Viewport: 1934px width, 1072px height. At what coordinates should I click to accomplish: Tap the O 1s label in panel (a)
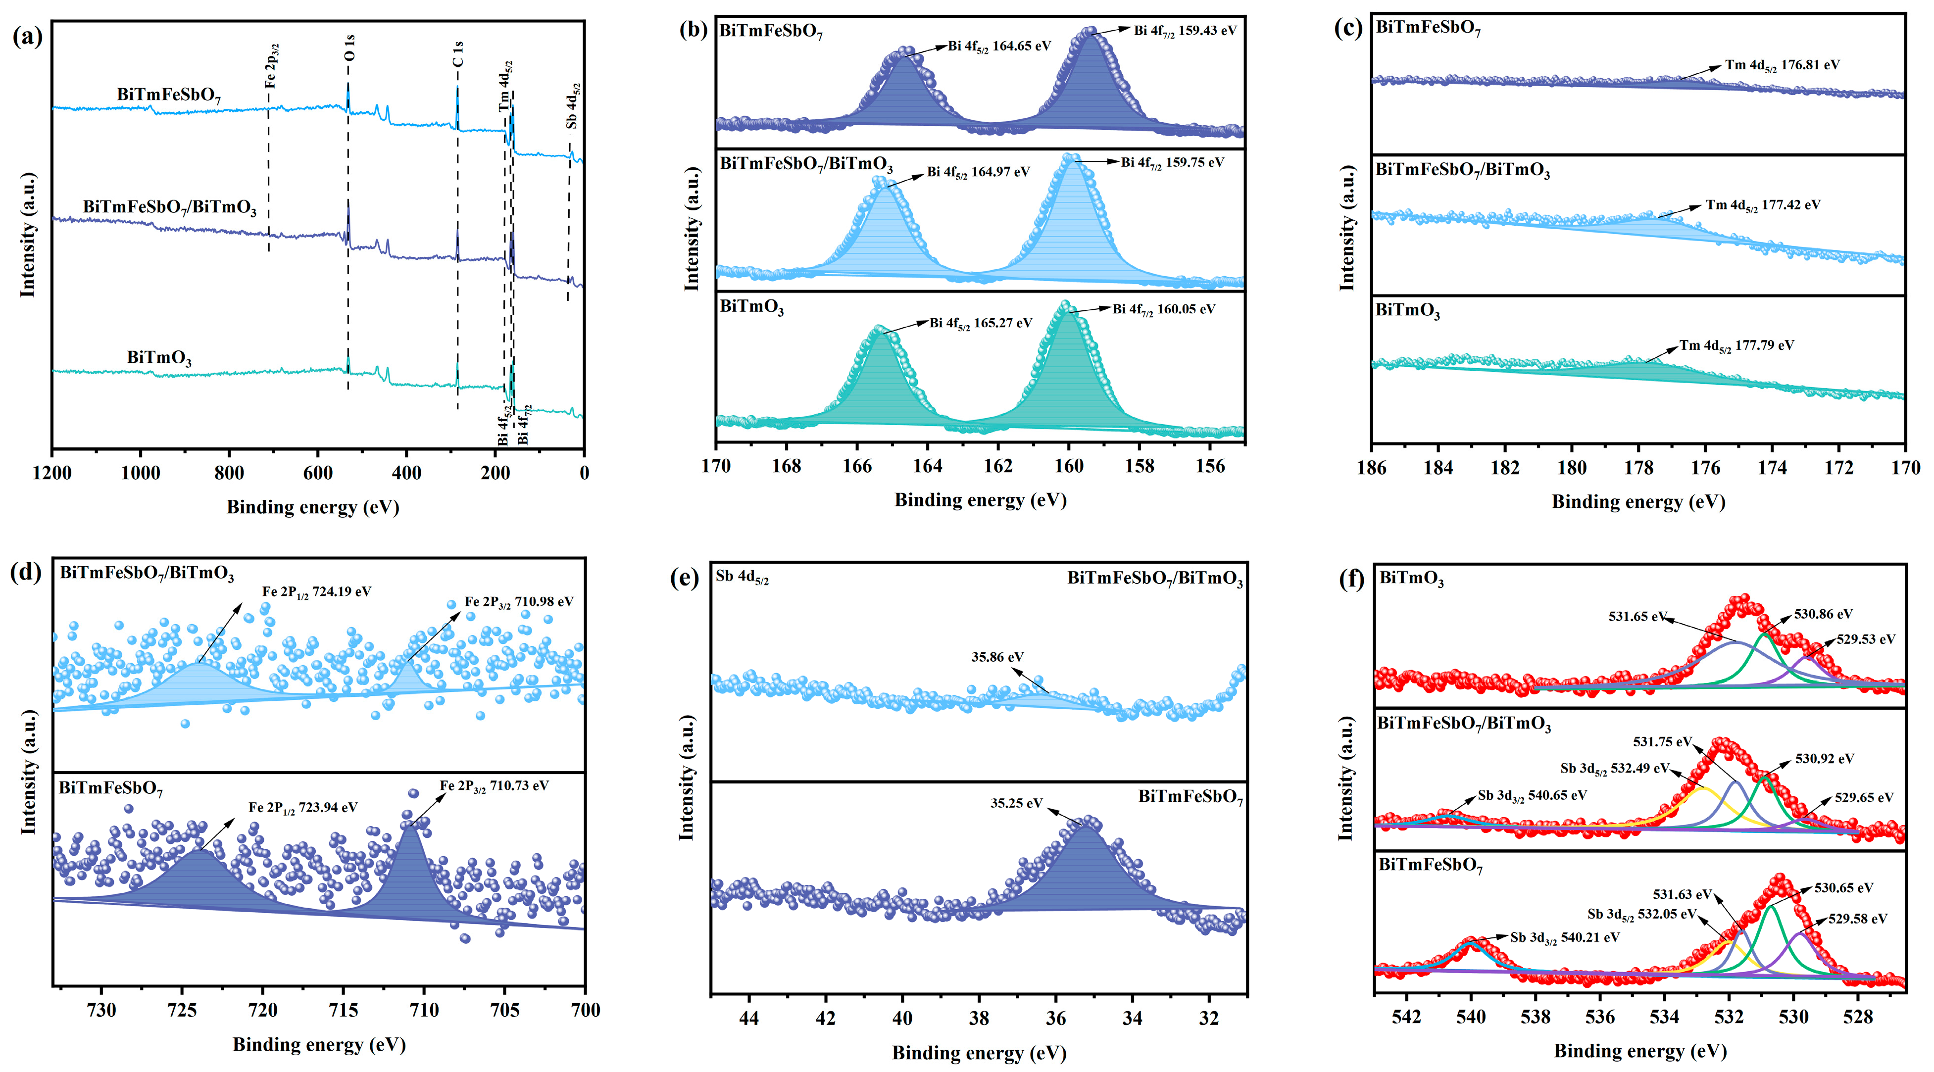point(349,48)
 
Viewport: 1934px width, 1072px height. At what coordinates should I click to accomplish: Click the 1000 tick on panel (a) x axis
point(141,473)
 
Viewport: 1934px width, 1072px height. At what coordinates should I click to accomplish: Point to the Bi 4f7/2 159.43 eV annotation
point(1184,31)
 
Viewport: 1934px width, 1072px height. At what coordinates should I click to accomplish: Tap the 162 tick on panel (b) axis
point(998,466)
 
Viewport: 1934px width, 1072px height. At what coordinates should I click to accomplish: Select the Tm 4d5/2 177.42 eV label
point(1762,205)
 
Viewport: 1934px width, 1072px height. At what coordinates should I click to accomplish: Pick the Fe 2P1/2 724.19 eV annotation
point(316,591)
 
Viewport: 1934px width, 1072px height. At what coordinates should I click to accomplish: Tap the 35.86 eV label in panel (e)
point(997,657)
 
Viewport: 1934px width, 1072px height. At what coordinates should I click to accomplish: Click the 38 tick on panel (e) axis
point(979,1018)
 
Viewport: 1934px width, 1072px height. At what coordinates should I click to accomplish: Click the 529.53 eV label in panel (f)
point(1866,639)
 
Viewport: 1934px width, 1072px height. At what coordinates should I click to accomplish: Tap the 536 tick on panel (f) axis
point(1600,1017)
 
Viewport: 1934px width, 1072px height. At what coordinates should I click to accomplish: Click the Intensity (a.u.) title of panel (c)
point(1347,228)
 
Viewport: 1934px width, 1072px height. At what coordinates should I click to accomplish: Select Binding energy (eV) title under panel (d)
point(319,1044)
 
